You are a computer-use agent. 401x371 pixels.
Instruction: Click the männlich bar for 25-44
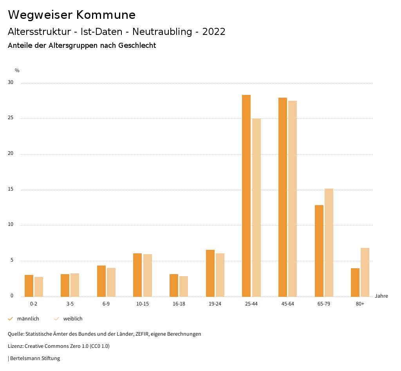pos(246,196)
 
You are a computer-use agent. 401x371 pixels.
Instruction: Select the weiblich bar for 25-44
pos(256,207)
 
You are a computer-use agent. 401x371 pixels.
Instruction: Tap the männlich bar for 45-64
pos(283,197)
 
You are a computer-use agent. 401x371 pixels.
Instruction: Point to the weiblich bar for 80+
pos(365,272)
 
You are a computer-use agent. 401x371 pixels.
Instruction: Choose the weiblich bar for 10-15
pos(148,275)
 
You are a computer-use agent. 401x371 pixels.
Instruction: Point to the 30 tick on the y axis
pos(11,83)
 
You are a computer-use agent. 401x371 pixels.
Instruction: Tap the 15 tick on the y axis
pos(11,189)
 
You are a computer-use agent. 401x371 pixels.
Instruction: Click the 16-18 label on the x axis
pos(179,304)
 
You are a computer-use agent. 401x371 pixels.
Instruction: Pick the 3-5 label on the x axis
pos(70,304)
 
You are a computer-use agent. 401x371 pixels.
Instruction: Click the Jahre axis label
pos(381,296)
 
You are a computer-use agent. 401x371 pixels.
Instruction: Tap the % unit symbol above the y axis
pos(17,71)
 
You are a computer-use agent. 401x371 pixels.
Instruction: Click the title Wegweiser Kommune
pos(72,15)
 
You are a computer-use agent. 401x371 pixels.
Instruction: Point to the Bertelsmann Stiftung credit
pos(34,358)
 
